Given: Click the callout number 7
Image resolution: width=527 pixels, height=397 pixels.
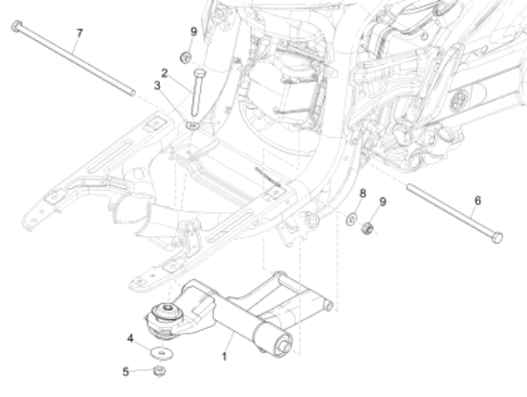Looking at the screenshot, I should click(80, 34).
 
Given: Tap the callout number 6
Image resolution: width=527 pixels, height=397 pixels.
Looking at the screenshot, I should click(477, 200).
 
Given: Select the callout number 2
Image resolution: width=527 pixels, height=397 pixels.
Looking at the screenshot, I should click(165, 73).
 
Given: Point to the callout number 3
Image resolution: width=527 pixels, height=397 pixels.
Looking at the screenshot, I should click(158, 86).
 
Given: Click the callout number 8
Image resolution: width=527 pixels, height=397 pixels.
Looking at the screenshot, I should click(362, 194).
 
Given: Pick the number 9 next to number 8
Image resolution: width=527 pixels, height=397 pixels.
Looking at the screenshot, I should click(382, 201).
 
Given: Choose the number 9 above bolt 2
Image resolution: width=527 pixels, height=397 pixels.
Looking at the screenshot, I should click(194, 32).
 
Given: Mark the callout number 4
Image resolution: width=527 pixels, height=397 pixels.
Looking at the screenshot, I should click(130, 338).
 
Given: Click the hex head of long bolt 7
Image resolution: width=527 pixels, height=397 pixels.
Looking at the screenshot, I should click(15, 27).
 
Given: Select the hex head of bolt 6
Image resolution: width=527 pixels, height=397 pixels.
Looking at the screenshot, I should click(498, 237).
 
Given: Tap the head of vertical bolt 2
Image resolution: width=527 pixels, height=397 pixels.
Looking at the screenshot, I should click(198, 73).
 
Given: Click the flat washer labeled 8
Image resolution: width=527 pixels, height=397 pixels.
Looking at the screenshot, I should click(352, 221).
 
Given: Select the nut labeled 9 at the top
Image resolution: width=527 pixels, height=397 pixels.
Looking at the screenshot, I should click(187, 57).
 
